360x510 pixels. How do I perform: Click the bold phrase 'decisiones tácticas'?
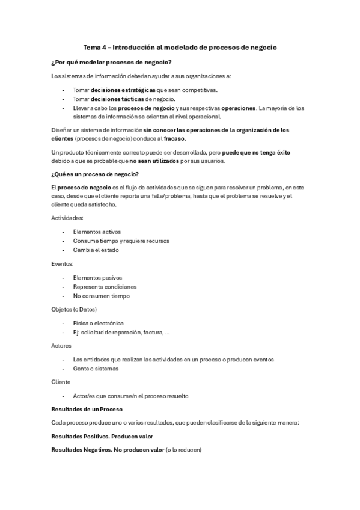(x=117, y=99)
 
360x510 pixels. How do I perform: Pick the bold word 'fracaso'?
(x=174, y=138)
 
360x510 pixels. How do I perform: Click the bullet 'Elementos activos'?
(x=97, y=232)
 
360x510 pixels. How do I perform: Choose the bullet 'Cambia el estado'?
(x=96, y=250)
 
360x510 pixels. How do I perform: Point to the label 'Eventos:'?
(x=63, y=263)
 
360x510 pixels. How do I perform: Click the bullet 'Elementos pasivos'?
(x=97, y=278)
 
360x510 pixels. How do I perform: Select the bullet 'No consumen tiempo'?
(x=100, y=296)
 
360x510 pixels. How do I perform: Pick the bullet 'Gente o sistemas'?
(x=96, y=369)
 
